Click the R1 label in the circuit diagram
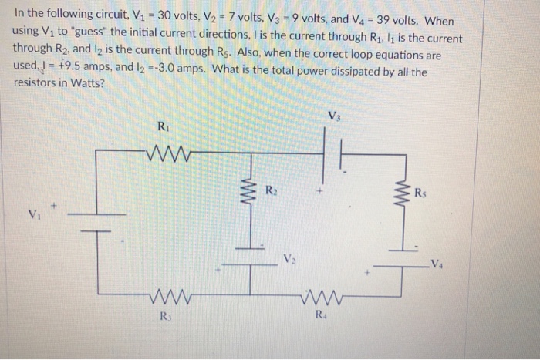pos(163,126)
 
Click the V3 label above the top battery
pos(333,117)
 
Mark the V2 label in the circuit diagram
pos(288,259)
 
